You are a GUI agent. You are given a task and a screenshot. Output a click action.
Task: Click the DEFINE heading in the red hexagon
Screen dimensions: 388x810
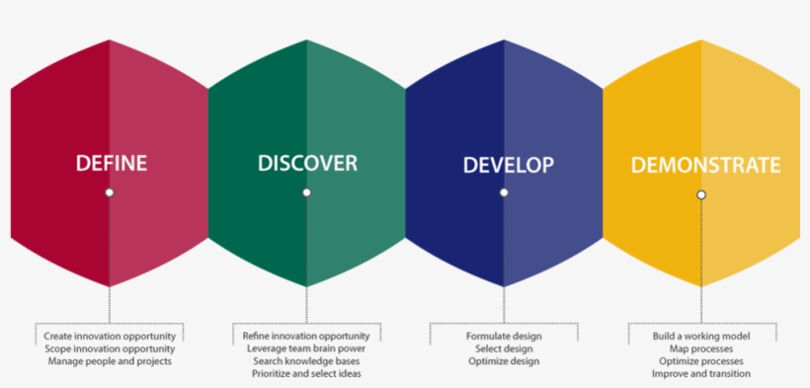click(x=111, y=163)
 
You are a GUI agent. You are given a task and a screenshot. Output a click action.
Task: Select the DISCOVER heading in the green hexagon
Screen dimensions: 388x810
click(x=307, y=163)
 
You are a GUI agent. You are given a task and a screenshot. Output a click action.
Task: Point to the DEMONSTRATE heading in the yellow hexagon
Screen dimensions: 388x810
click(x=705, y=165)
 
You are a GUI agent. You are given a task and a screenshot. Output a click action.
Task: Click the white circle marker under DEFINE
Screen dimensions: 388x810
click(x=110, y=193)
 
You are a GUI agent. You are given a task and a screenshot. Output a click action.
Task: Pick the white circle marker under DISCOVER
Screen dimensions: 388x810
click(x=306, y=193)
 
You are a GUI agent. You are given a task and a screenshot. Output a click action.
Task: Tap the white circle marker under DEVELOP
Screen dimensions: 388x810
click(x=504, y=193)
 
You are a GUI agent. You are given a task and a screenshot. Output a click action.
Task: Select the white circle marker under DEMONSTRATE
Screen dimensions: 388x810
click(x=701, y=194)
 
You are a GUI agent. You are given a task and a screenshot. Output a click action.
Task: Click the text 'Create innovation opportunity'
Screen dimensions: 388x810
click(x=110, y=337)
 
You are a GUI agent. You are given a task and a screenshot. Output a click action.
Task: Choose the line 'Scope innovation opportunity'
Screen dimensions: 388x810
click(x=110, y=349)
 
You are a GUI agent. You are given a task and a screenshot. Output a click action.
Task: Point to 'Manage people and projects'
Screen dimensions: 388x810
click(x=110, y=361)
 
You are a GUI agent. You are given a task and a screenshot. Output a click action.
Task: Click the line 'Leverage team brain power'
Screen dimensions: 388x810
click(x=306, y=349)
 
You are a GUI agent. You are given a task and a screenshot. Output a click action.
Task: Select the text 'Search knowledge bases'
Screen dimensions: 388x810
click(x=306, y=361)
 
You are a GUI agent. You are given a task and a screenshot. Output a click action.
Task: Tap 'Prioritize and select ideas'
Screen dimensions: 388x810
click(x=306, y=373)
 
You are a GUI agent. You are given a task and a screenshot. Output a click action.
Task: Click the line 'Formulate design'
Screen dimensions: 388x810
click(x=504, y=337)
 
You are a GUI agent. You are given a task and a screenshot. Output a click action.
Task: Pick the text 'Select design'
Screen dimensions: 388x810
click(x=504, y=349)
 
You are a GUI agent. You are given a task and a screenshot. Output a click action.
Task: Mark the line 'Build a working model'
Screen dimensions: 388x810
click(x=701, y=337)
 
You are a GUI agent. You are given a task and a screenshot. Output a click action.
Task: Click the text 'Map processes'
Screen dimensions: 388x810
click(x=701, y=349)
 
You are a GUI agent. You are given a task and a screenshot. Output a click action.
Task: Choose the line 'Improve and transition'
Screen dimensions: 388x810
click(x=701, y=373)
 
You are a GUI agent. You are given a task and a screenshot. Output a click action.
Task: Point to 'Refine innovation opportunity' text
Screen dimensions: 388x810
click(x=306, y=337)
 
